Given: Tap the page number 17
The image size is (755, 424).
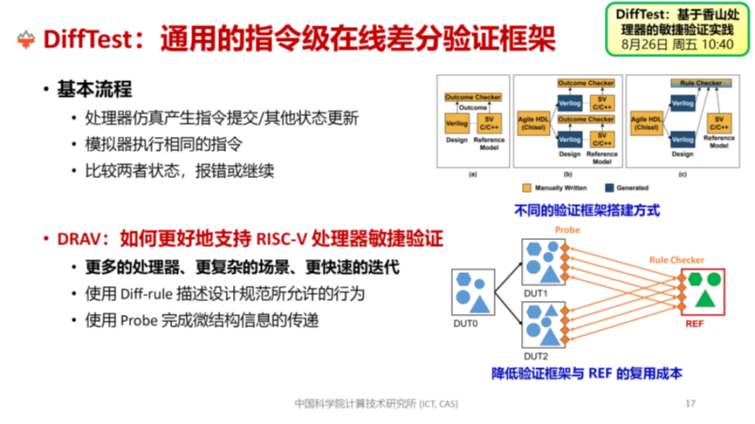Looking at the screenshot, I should coord(690,403).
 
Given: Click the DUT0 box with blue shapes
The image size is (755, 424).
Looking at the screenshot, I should coord(471,293).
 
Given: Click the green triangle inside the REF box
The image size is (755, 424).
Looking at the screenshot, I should coord(706,299).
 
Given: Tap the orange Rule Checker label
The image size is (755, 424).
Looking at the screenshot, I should coord(676,259).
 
